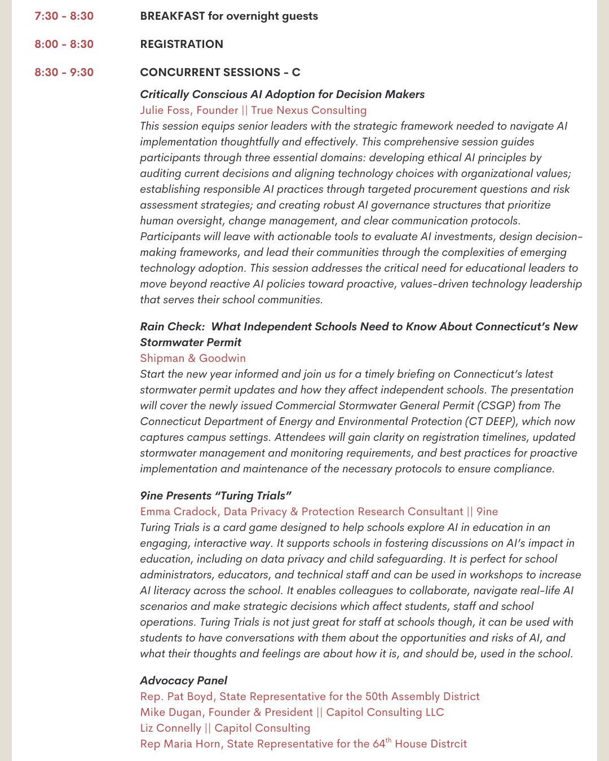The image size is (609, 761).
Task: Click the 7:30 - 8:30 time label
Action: coord(64,16)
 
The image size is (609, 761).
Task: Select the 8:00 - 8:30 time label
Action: coord(64,44)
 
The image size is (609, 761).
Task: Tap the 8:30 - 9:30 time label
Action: coord(64,72)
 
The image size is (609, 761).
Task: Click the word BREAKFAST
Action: coord(172,16)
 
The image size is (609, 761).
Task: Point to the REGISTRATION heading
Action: coord(182,44)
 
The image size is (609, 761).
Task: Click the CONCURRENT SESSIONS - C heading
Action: coord(220,72)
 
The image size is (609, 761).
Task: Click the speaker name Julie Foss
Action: coord(165,110)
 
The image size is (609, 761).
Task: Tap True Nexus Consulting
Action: coord(309,110)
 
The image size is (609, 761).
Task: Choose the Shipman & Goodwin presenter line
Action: coord(193,358)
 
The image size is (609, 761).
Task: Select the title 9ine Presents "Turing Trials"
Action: coord(215,495)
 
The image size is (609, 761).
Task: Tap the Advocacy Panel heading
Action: coord(184,680)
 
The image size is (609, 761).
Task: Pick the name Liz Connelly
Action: coord(170,728)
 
